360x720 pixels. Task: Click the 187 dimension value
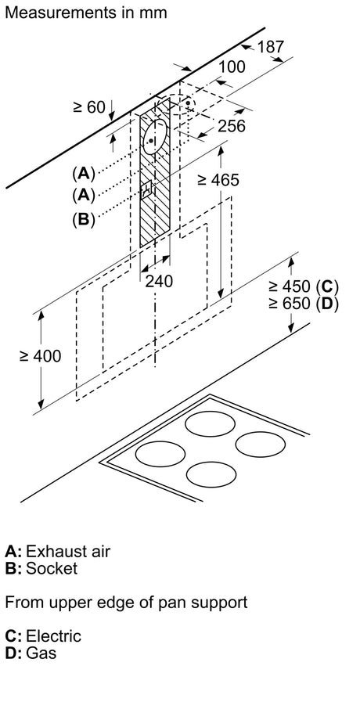pos(271,46)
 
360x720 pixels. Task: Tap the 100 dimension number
pos(232,67)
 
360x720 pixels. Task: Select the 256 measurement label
pos(232,126)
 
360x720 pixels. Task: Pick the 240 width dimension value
pos(160,280)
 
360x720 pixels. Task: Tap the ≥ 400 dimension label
pos(41,355)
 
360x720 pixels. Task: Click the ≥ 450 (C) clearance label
pos(304,286)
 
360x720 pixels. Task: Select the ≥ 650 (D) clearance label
pos(304,304)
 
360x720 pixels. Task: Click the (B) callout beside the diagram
pos(83,219)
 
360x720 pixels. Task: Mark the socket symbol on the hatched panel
pos(147,189)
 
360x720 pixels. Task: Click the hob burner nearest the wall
pos(210,423)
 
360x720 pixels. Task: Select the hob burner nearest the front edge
pos(211,474)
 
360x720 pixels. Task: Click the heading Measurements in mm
pos(86,13)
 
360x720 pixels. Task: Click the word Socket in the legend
pos(52,568)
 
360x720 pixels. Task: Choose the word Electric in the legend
pos(54,636)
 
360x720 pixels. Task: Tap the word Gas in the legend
pos(41,653)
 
